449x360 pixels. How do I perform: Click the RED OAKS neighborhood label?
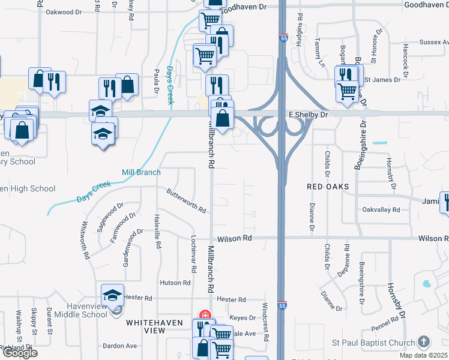point(328,187)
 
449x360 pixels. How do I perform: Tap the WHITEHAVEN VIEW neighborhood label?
point(154,326)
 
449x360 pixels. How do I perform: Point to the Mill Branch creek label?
point(141,173)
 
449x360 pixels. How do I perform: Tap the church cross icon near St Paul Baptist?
point(424,343)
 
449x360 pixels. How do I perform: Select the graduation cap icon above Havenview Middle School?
point(112,295)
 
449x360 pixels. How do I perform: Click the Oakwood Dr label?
point(63,11)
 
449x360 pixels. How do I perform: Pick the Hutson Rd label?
point(175,283)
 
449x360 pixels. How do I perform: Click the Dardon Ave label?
point(120,346)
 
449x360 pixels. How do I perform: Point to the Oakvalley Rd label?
point(381,209)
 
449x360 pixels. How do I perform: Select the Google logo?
point(20,353)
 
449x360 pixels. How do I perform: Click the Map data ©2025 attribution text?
point(423,355)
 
